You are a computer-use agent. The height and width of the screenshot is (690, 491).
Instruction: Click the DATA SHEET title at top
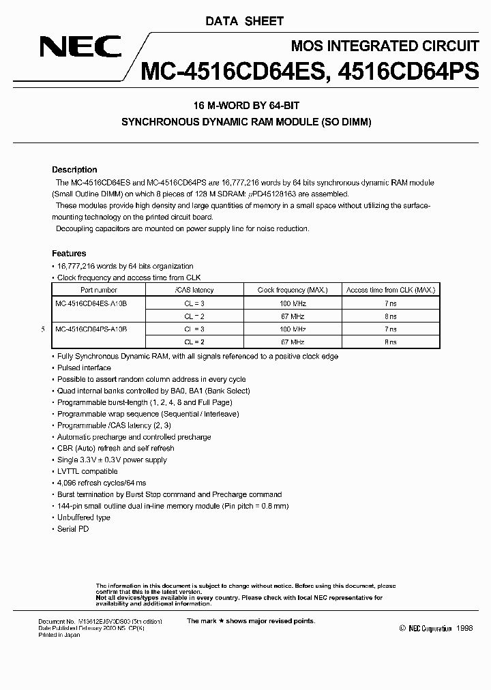[x=244, y=21]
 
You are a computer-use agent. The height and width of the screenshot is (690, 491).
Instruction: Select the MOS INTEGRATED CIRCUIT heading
[x=385, y=46]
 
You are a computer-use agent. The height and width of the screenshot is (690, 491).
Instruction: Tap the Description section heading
[x=74, y=170]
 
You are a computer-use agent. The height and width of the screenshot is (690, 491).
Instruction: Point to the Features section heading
[x=69, y=254]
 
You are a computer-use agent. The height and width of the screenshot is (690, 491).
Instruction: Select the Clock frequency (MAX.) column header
[x=291, y=290]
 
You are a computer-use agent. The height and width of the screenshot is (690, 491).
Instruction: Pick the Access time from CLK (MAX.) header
[x=390, y=290]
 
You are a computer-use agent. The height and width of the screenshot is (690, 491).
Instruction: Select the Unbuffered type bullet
[x=83, y=517]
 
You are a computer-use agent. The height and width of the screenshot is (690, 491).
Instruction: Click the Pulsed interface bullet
[x=84, y=367]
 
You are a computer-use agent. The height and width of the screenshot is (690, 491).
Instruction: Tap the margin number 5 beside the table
[x=43, y=329]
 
